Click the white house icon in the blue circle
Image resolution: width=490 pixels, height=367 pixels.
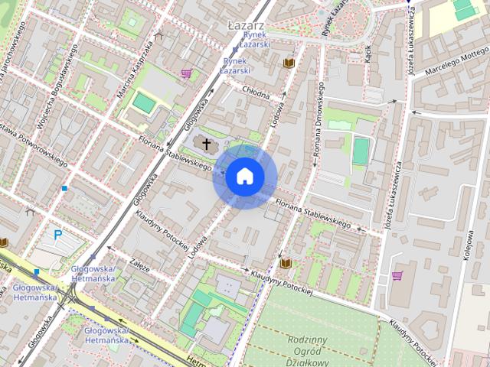244,177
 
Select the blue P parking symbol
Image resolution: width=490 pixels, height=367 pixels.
58,236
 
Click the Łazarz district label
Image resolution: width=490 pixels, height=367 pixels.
246,25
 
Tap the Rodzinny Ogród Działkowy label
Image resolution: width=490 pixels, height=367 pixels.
309,351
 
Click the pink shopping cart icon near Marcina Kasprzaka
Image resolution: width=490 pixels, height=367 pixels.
186,73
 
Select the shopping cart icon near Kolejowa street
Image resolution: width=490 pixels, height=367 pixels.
397,275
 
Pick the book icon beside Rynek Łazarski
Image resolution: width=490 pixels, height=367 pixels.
289,62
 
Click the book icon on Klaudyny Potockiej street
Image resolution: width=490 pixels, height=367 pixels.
286,263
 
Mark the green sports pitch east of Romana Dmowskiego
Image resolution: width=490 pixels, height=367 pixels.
361,150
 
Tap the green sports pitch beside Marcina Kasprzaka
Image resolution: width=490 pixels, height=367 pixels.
143,102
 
